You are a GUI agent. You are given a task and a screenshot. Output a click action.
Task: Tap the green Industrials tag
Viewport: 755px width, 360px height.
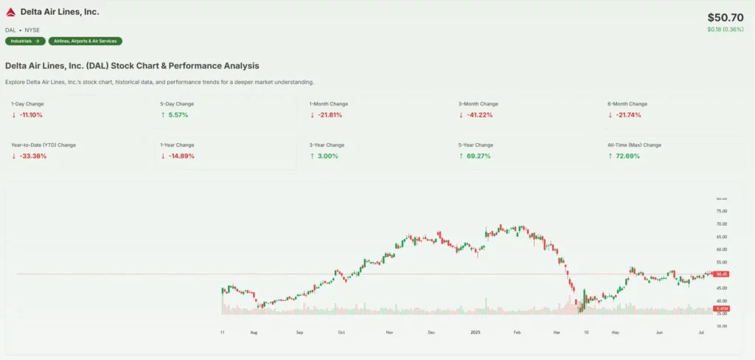coord(25,41)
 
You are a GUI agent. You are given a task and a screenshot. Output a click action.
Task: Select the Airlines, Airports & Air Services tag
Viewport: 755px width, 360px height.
coord(86,41)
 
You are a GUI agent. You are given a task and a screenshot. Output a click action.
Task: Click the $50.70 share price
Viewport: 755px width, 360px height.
coord(726,17)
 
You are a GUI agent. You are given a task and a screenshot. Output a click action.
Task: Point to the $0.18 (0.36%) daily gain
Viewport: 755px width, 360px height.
coord(725,30)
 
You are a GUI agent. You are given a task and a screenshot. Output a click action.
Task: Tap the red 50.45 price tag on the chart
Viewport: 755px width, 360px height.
coord(722,274)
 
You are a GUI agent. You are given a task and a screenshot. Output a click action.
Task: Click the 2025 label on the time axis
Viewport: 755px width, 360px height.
coord(476,333)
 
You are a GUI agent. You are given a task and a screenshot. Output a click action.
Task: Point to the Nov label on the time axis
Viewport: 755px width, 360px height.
coord(389,333)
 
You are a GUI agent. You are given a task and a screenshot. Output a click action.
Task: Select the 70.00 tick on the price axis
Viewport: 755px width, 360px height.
coord(722,224)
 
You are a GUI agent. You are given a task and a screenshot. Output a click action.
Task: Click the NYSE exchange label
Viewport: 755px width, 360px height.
coord(32,30)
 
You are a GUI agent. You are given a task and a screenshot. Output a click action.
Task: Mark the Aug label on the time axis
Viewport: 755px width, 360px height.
coord(254,333)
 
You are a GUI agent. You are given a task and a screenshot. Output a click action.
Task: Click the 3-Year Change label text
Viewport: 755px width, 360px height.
coord(327,145)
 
